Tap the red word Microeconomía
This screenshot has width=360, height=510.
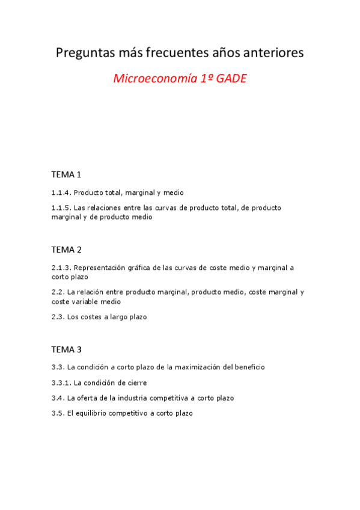coord(151,79)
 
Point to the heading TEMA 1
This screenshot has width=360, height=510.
coord(66,175)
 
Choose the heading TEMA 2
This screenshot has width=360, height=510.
coord(66,250)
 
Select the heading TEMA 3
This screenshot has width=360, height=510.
coord(66,349)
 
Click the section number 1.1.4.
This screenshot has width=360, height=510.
coord(61,193)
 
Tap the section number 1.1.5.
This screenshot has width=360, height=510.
coord(61,208)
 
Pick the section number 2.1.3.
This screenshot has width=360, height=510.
coord(61,268)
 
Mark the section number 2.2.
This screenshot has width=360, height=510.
coord(58,292)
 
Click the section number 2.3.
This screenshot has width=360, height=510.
coord(58,317)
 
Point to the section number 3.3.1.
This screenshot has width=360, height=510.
coord(61,382)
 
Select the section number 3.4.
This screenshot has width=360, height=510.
coord(58,398)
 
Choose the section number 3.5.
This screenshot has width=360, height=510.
coord(58,414)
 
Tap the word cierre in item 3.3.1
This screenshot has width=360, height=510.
coord(136,382)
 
